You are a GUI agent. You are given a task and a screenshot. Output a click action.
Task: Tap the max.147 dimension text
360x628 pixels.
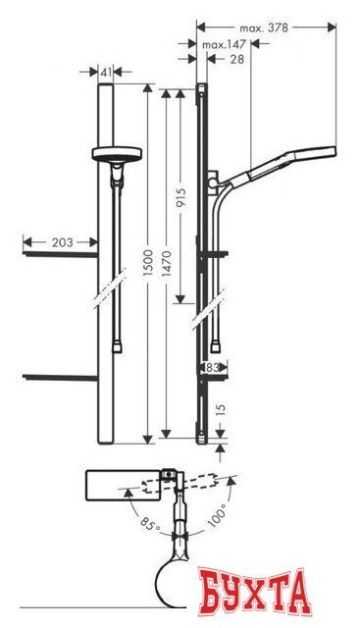[225, 45]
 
